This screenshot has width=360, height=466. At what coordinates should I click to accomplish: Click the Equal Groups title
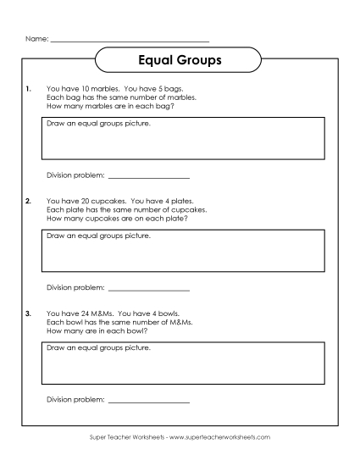(x=180, y=61)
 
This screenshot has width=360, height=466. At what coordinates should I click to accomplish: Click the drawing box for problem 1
(x=182, y=138)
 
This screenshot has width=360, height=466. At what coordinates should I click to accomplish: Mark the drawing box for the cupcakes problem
(x=182, y=251)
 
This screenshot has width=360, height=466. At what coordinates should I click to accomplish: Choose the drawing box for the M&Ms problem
(x=182, y=363)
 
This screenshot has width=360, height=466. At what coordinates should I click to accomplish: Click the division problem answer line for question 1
(x=149, y=176)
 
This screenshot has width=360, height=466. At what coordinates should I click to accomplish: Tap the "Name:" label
(x=36, y=39)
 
